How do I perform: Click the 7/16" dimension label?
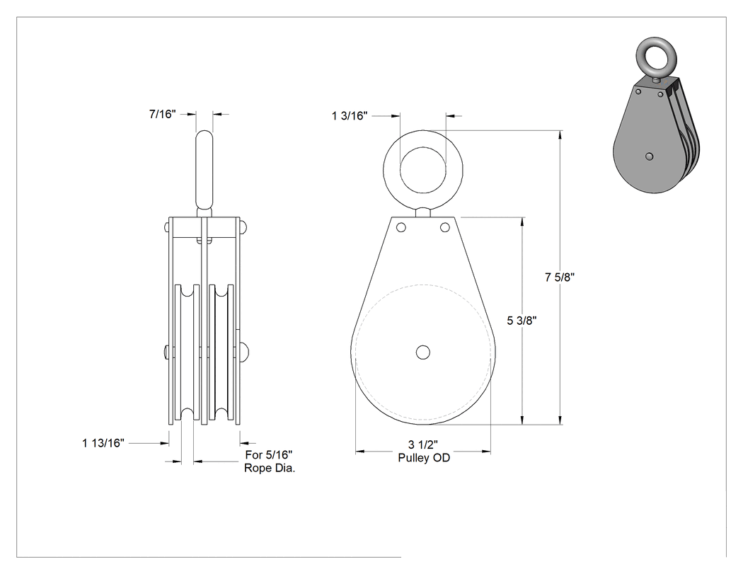point(163,114)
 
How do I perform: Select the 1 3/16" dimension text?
point(350,115)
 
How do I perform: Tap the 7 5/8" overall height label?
point(560,277)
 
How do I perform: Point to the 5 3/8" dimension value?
point(522,321)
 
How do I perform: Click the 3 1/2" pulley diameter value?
point(423,444)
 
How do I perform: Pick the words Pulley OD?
point(424,458)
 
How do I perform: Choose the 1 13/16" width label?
point(103,443)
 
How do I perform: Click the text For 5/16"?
point(269,455)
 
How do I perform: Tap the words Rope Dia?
point(270,469)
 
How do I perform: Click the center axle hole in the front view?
point(422,352)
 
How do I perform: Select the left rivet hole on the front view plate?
point(401,227)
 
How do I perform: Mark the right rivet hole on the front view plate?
point(445,227)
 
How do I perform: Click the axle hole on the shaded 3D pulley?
point(650,156)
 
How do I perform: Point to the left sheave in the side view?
point(187,352)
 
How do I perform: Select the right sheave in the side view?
point(221,352)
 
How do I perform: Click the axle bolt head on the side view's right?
point(245,352)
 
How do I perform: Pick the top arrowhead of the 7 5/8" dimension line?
point(560,134)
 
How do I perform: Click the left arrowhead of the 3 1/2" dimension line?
point(360,452)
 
